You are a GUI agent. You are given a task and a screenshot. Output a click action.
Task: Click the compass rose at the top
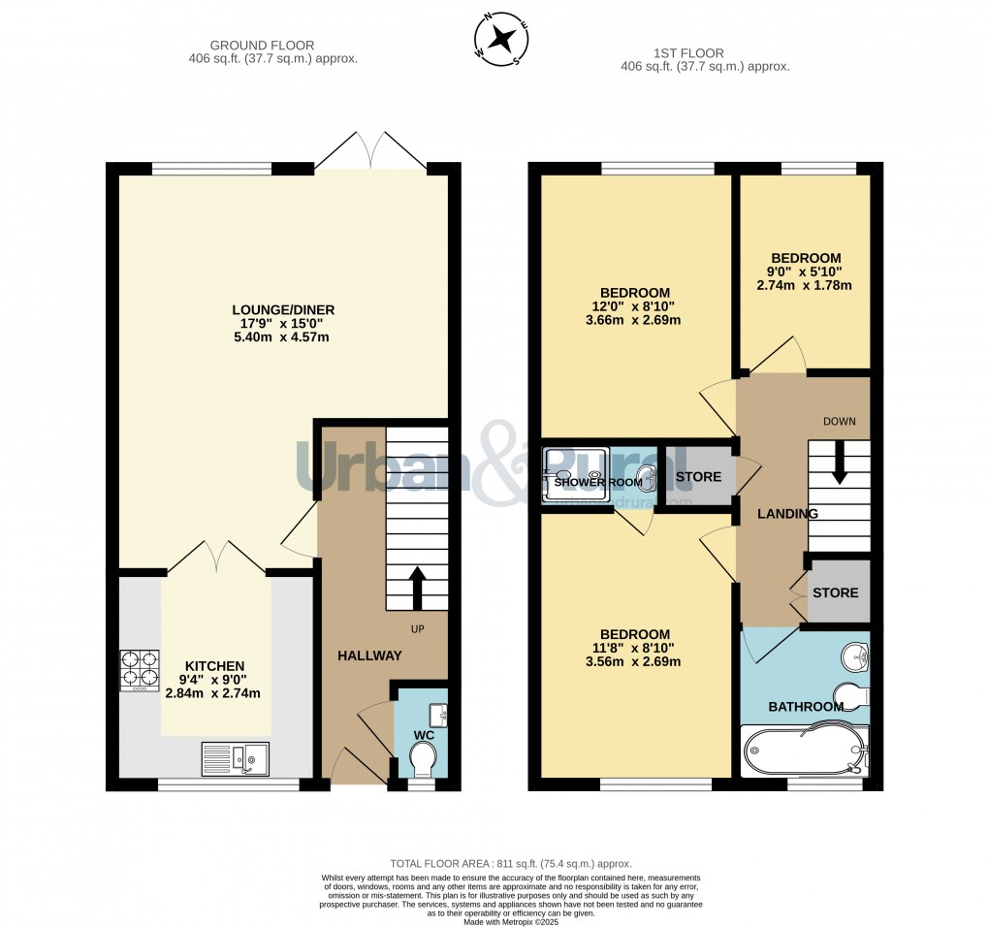(x=501, y=40)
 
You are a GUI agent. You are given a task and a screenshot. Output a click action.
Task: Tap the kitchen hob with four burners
(x=140, y=670)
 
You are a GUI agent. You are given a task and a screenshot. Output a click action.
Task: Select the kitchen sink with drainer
(x=235, y=758)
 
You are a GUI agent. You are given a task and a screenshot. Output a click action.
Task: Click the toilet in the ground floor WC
(x=424, y=765)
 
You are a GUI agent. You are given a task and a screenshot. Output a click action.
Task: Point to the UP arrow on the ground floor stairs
(x=418, y=588)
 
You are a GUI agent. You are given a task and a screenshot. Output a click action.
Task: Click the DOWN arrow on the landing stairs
(x=839, y=462)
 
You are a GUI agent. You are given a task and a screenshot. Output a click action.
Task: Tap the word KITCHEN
(x=214, y=666)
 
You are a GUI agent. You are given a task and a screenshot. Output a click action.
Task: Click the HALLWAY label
(x=369, y=656)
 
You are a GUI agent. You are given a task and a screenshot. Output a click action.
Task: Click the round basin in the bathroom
(x=855, y=656)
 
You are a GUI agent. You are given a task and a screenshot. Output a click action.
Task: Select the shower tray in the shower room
(x=575, y=476)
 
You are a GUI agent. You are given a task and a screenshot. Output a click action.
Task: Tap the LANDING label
(x=787, y=514)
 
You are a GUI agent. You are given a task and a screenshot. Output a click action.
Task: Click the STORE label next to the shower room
(x=698, y=477)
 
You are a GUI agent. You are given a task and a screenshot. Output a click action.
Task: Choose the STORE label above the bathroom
(x=835, y=592)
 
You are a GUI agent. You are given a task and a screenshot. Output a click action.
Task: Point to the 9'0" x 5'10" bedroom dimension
(x=804, y=272)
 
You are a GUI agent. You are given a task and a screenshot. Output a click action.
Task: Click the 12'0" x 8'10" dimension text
(x=635, y=306)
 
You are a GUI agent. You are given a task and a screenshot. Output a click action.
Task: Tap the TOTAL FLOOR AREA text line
(x=510, y=863)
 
